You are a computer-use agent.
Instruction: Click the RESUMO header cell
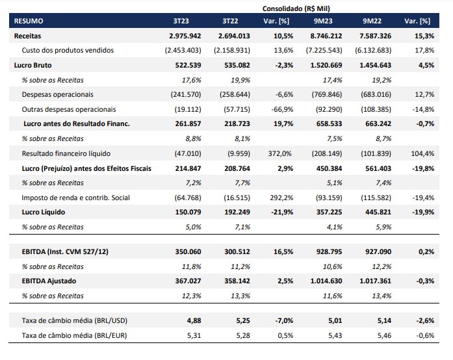click(x=29, y=21)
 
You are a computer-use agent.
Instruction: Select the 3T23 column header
click(x=181, y=21)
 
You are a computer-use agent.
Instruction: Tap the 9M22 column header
click(x=372, y=21)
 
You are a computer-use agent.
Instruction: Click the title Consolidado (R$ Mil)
click(x=296, y=8)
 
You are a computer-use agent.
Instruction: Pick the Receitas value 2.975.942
click(x=185, y=36)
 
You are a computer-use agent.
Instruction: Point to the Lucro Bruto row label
click(x=32, y=65)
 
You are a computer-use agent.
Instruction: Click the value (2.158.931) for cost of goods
click(x=232, y=50)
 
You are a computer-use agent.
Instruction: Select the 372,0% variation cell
click(x=280, y=154)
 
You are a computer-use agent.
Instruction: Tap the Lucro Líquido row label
click(x=44, y=212)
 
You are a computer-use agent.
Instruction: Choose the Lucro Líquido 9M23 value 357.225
click(x=329, y=212)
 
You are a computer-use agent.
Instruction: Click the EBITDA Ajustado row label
click(x=49, y=281)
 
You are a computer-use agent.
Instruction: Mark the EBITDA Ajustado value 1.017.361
click(x=375, y=281)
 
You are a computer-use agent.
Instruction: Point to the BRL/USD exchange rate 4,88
click(x=194, y=321)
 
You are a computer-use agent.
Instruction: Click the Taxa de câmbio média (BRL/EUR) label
click(x=74, y=336)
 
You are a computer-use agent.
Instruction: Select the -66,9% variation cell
click(x=282, y=110)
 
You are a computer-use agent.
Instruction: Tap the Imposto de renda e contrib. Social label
click(x=75, y=198)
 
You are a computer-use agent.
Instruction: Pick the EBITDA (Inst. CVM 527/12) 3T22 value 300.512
click(x=237, y=251)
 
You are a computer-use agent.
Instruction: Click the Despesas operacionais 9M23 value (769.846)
click(x=327, y=95)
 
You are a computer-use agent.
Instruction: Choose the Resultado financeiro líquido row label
click(x=66, y=154)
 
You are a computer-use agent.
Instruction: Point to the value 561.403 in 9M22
click(x=378, y=168)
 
